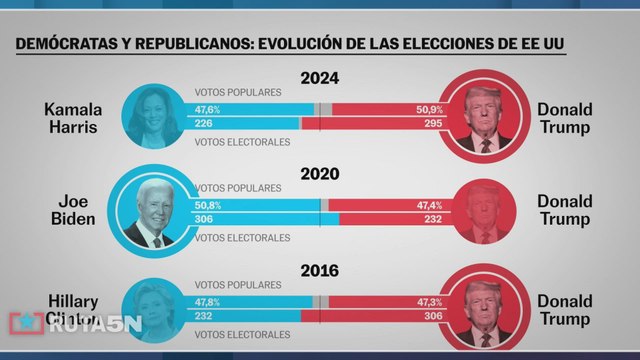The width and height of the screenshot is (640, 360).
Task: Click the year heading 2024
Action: (320, 78)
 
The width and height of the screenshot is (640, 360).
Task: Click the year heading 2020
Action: (320, 173)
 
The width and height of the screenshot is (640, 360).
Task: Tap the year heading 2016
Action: (320, 270)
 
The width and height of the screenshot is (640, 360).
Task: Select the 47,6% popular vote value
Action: (208, 108)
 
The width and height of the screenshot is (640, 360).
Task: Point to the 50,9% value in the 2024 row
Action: (429, 108)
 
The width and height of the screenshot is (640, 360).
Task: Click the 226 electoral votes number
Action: (204, 124)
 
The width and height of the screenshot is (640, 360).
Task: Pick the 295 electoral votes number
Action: (432, 124)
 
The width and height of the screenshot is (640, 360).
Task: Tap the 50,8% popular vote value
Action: (208, 204)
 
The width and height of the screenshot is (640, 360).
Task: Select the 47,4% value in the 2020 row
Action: (429, 204)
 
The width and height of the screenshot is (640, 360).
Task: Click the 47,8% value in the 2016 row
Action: (208, 300)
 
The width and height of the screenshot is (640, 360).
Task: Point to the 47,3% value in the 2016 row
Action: (429, 300)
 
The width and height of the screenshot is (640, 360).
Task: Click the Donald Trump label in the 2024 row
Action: (565, 117)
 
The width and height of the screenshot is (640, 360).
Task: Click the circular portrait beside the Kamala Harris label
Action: (154, 116)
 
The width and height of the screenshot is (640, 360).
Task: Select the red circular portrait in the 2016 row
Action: (485, 307)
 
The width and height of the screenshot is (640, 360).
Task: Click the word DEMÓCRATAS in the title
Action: (64, 46)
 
